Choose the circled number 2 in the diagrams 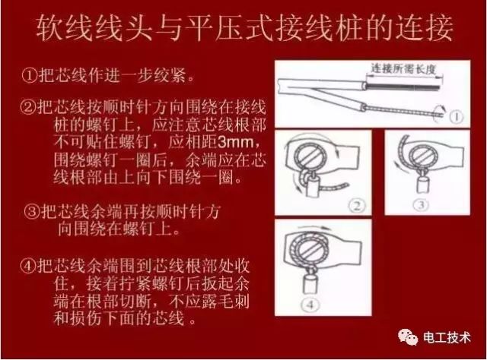(x=352, y=204)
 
